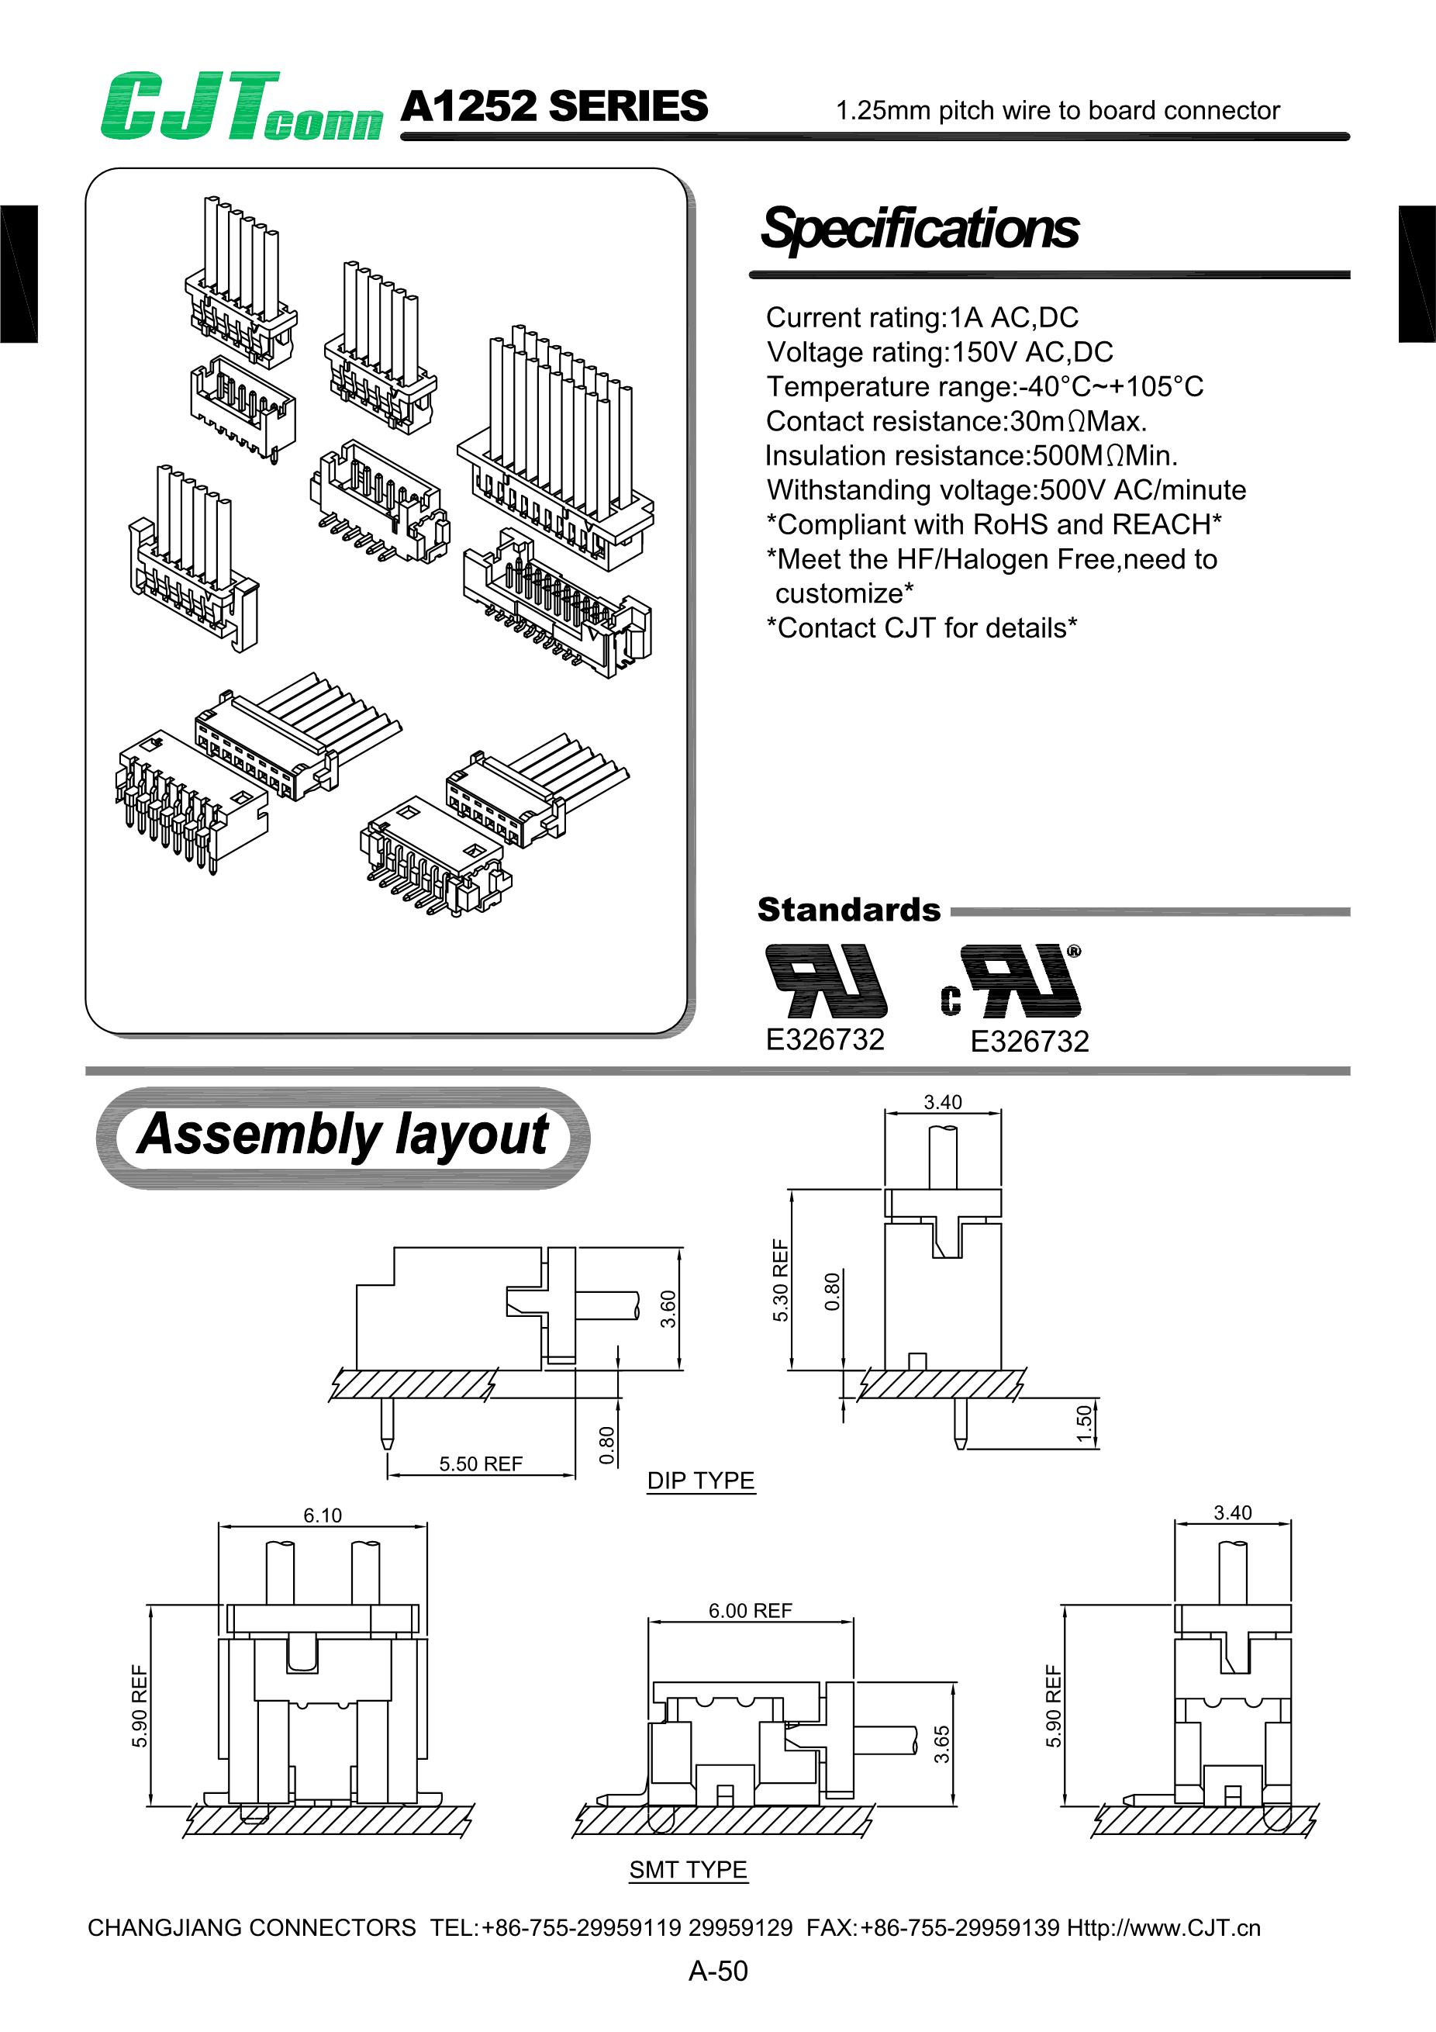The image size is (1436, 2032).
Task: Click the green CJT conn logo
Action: [240, 107]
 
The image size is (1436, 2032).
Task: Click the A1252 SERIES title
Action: [554, 107]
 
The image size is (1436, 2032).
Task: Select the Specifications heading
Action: [920, 228]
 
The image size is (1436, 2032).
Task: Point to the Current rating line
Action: [921, 318]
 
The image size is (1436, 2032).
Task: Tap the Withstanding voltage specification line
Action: [1006, 490]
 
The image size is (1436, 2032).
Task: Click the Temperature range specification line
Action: [984, 387]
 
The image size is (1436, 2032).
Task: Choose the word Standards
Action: [848, 910]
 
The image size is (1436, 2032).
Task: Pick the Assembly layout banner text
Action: [343, 1135]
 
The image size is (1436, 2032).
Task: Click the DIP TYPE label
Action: [701, 1481]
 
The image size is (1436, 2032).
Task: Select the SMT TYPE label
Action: [689, 1870]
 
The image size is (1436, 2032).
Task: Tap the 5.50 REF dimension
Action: [481, 1464]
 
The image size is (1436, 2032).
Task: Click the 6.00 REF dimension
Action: [751, 1611]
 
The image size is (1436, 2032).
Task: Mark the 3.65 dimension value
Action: [941, 1743]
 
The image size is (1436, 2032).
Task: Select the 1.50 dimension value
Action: [1085, 1424]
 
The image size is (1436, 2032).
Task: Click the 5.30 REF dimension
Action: [780, 1280]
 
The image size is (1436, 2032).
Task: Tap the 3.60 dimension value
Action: [668, 1309]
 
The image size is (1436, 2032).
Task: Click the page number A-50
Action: [717, 1971]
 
